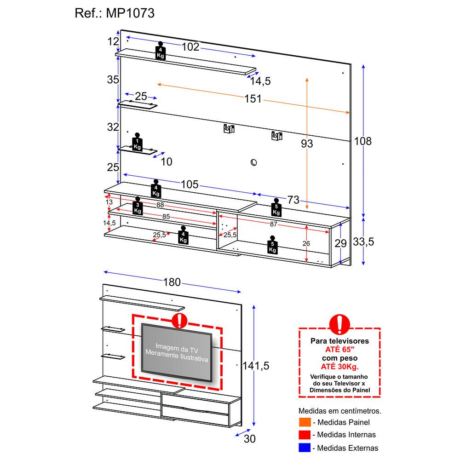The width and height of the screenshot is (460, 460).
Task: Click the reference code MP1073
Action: [x=131, y=13]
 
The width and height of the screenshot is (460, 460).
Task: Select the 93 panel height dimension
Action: [x=307, y=144]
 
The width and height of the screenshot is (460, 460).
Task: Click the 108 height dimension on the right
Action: [x=362, y=141]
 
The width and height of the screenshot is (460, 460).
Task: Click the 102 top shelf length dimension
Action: [x=190, y=46]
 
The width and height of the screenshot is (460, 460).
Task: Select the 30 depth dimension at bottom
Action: [x=249, y=439]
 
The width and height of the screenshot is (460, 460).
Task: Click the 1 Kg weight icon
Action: [x=137, y=142]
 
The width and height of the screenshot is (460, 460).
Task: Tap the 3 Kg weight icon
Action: [x=137, y=207]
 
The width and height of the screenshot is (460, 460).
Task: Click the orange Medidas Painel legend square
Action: [x=304, y=422]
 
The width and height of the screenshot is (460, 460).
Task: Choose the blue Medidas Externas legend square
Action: [x=304, y=447]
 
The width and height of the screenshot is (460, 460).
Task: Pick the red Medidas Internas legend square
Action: [x=304, y=435]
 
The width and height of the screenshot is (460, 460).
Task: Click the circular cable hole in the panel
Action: [x=253, y=162]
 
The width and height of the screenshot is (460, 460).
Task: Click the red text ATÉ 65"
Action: [x=339, y=350]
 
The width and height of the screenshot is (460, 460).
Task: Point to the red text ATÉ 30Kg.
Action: [x=339, y=366]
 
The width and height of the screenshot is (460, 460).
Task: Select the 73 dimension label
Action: [x=293, y=200]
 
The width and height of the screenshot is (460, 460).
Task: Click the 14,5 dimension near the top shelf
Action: [x=260, y=81]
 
